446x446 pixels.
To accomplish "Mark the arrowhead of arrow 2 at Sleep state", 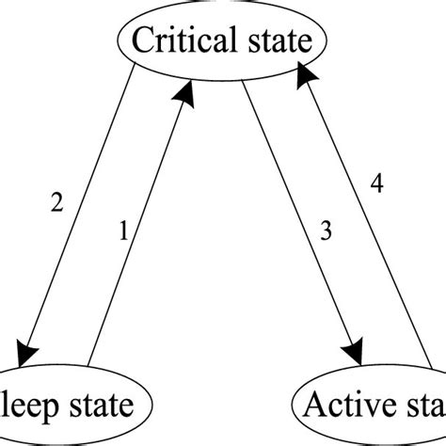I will pos(29,349).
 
